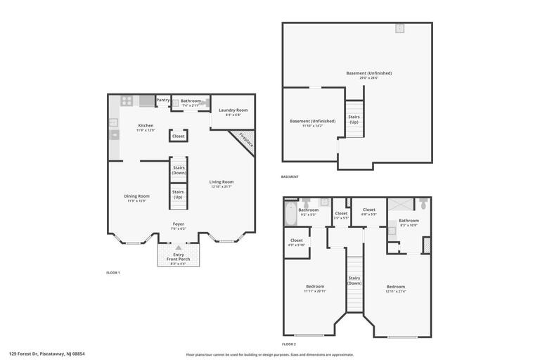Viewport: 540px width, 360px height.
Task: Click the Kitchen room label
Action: coord(145,126)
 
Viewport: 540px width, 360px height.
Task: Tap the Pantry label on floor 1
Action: coord(162,101)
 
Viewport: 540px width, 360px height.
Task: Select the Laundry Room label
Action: coord(233,110)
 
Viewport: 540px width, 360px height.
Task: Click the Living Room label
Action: coord(221,182)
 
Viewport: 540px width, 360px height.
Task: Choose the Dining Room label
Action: coord(137,196)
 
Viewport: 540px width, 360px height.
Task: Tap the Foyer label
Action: coord(179,224)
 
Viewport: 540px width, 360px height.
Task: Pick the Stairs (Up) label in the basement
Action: coord(353,120)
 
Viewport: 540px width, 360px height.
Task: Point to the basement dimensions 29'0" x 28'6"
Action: coord(368,78)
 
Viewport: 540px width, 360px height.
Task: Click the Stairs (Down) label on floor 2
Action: coord(354,281)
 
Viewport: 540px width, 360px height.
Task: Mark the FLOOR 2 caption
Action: coord(289,345)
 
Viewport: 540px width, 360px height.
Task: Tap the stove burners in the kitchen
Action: coord(127,101)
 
